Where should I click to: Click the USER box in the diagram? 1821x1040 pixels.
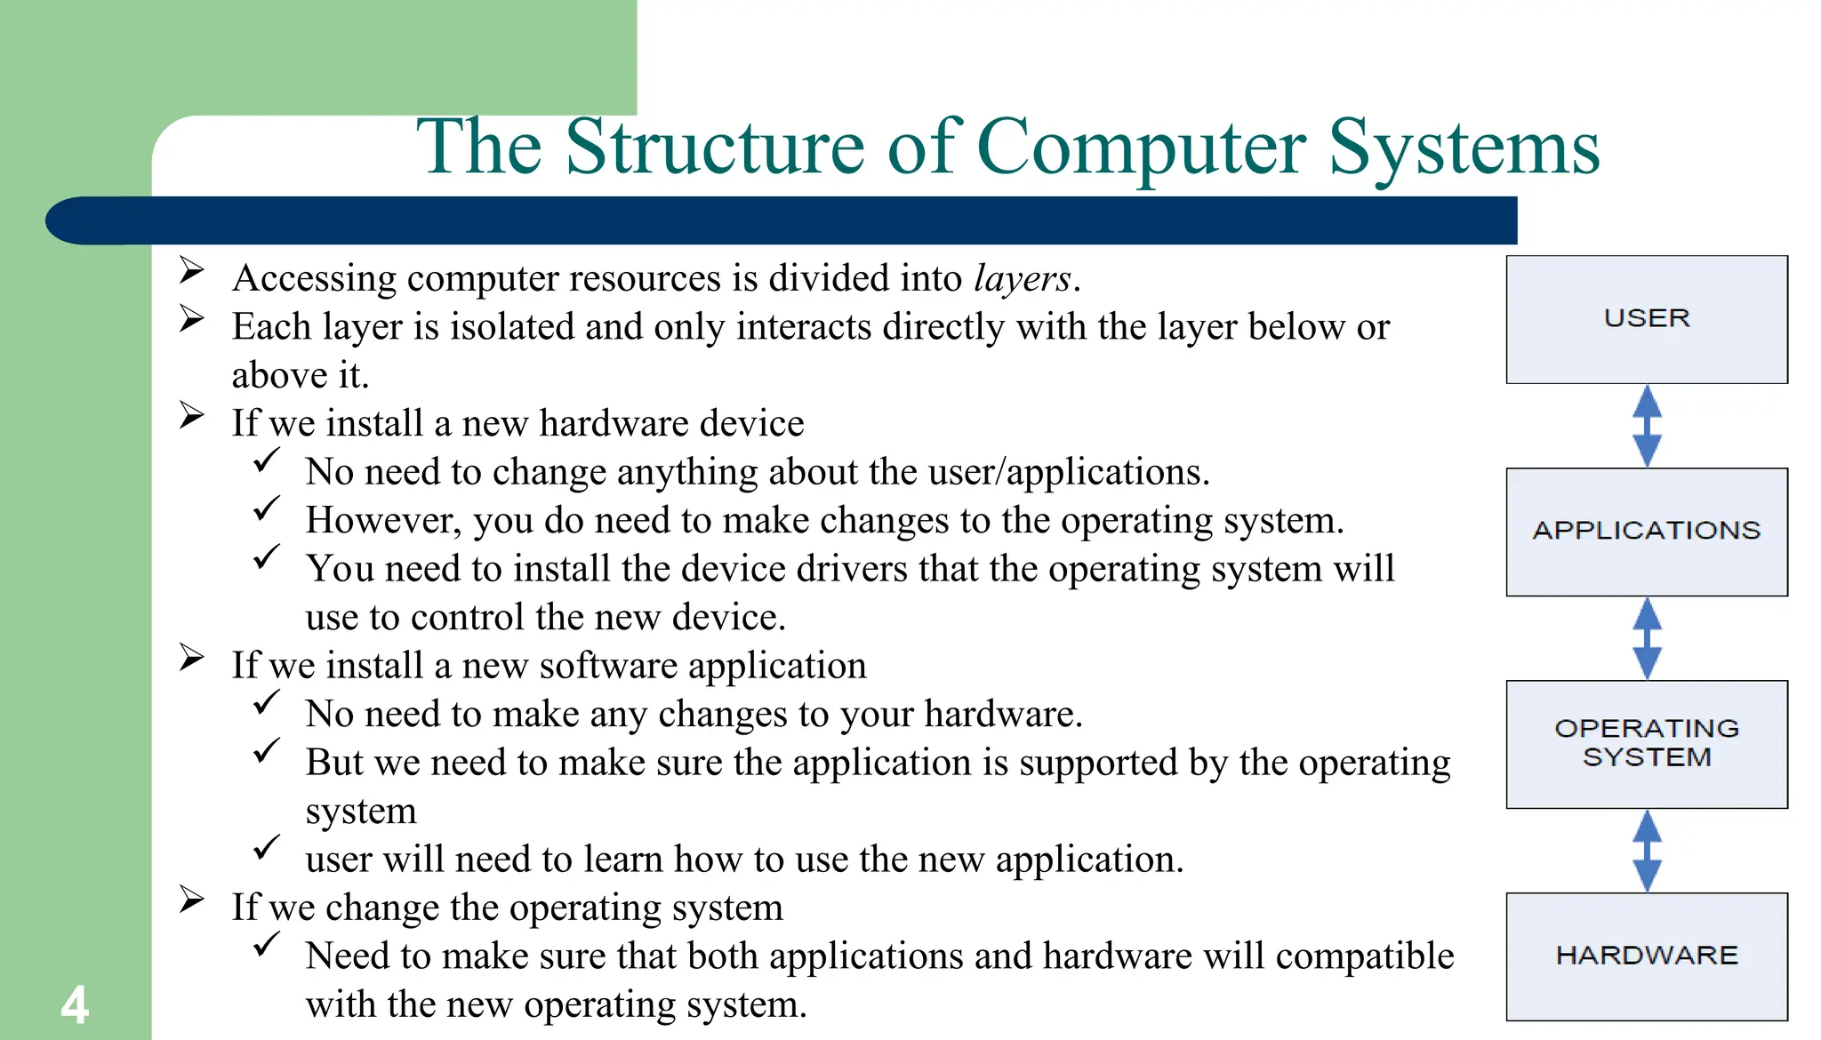(1646, 319)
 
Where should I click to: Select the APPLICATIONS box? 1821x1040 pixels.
(1646, 532)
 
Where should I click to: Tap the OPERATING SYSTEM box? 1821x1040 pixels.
(1646, 744)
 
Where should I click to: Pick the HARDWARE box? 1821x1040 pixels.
(1646, 956)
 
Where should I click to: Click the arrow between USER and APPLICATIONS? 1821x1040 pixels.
(1647, 426)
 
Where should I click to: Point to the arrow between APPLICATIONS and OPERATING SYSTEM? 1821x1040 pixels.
(1647, 638)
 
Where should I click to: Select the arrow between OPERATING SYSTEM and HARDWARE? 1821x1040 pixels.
(1647, 851)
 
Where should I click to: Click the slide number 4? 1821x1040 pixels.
(75, 1005)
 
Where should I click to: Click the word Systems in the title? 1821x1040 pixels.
(1464, 148)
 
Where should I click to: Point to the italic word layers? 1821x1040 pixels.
(1022, 279)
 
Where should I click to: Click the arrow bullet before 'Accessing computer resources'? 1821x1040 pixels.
(191, 269)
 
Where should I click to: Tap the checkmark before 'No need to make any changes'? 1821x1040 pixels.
(267, 703)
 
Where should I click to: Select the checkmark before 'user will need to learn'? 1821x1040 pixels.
(267, 848)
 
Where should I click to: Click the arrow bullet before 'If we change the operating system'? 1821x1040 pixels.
(191, 899)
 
